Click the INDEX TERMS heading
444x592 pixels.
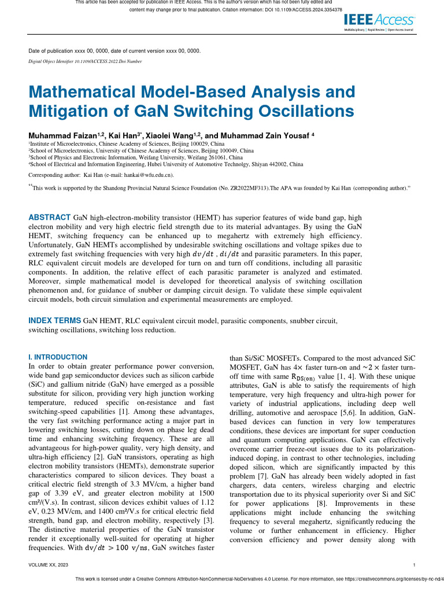click(55, 320)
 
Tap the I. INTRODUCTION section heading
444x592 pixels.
click(58, 357)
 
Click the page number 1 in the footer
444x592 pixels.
click(415, 564)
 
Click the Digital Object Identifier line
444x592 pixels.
click(85, 61)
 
